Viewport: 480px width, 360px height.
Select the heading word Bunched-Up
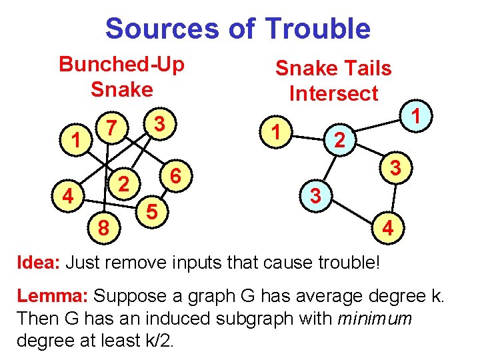pos(122,65)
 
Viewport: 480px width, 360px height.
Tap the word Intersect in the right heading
pos(333,93)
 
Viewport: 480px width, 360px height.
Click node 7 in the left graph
pos(113,127)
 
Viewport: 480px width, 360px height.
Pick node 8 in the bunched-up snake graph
pos(104,229)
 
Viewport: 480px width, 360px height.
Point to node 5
pos(153,212)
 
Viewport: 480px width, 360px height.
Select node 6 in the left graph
pos(176,176)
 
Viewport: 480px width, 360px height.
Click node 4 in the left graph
pos(67,197)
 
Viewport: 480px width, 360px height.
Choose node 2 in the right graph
pos(339,141)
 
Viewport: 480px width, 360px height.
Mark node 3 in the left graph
pos(159,124)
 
